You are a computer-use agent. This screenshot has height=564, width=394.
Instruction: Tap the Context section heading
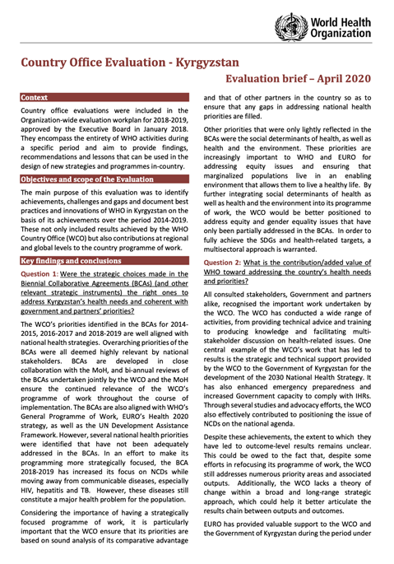tap(35, 97)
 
